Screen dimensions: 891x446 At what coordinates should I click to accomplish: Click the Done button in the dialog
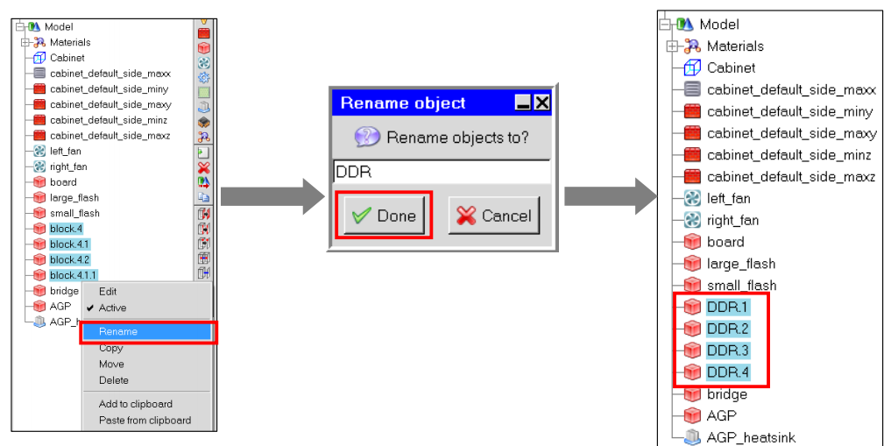click(x=384, y=216)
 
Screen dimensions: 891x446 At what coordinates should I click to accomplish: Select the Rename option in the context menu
click(x=118, y=332)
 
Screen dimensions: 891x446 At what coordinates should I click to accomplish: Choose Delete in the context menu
click(x=114, y=380)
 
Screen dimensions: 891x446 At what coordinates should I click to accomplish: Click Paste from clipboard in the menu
click(x=145, y=421)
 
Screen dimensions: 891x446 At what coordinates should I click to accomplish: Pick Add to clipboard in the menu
click(x=135, y=404)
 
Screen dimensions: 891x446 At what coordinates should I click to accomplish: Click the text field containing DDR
click(x=442, y=172)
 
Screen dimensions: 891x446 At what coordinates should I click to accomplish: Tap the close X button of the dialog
click(x=541, y=103)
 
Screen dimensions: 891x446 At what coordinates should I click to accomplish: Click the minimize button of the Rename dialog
click(x=523, y=103)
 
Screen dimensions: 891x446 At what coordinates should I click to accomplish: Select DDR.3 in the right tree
click(x=728, y=350)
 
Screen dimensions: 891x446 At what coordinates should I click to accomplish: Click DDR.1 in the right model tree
click(x=728, y=307)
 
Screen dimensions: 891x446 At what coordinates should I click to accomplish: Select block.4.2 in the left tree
click(x=69, y=259)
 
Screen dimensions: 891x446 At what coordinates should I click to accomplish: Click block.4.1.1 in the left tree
click(x=74, y=275)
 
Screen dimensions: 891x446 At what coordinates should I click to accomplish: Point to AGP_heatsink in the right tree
click(x=751, y=437)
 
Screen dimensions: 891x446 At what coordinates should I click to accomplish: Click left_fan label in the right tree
click(x=729, y=198)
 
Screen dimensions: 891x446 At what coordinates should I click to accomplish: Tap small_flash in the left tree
click(x=74, y=213)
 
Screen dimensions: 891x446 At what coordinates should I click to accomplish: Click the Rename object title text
click(x=403, y=103)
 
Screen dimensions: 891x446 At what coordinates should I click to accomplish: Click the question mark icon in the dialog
click(x=367, y=137)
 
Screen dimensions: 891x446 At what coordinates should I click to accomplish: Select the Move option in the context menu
click(x=111, y=365)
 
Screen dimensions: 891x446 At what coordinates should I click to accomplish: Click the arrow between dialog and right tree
click(x=611, y=196)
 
